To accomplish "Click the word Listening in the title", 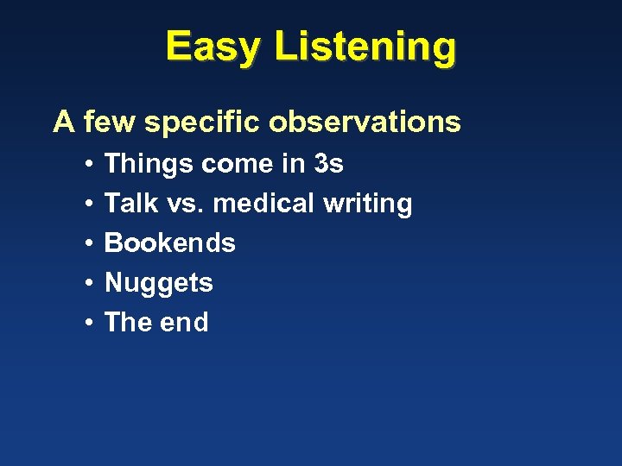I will pyautogui.click(x=365, y=47).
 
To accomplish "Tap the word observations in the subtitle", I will pyautogui.click(x=365, y=122).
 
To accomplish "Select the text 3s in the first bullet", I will pyautogui.click(x=328, y=163).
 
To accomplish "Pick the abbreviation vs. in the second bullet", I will pyautogui.click(x=187, y=205).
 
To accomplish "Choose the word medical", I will pyautogui.click(x=263, y=204).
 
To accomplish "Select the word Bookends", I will pyautogui.click(x=169, y=243).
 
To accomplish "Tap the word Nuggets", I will pyautogui.click(x=158, y=284).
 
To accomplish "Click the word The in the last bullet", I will pyautogui.click(x=127, y=323).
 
